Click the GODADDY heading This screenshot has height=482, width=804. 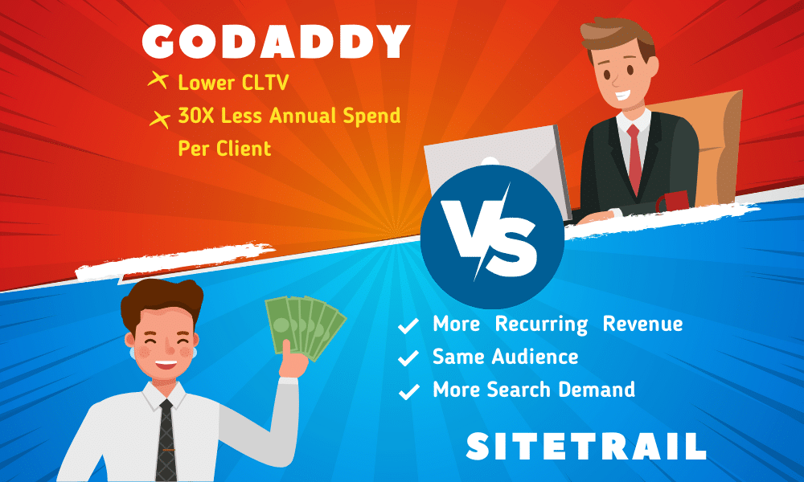point(276,42)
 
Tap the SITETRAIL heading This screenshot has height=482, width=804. point(586,446)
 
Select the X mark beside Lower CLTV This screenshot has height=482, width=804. point(158,80)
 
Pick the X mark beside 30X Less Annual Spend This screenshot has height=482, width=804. point(160,118)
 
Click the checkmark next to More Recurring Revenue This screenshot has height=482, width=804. point(408,325)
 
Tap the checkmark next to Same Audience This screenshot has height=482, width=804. point(408,357)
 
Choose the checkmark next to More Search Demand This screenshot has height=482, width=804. point(408,391)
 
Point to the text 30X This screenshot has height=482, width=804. point(196,116)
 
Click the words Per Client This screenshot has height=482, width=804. point(224,149)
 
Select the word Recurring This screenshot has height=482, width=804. point(541,325)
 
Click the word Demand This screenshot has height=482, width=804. point(597,390)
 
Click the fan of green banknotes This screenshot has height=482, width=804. point(306,327)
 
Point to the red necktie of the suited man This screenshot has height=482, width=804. point(635,159)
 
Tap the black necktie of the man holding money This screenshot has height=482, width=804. point(166,439)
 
